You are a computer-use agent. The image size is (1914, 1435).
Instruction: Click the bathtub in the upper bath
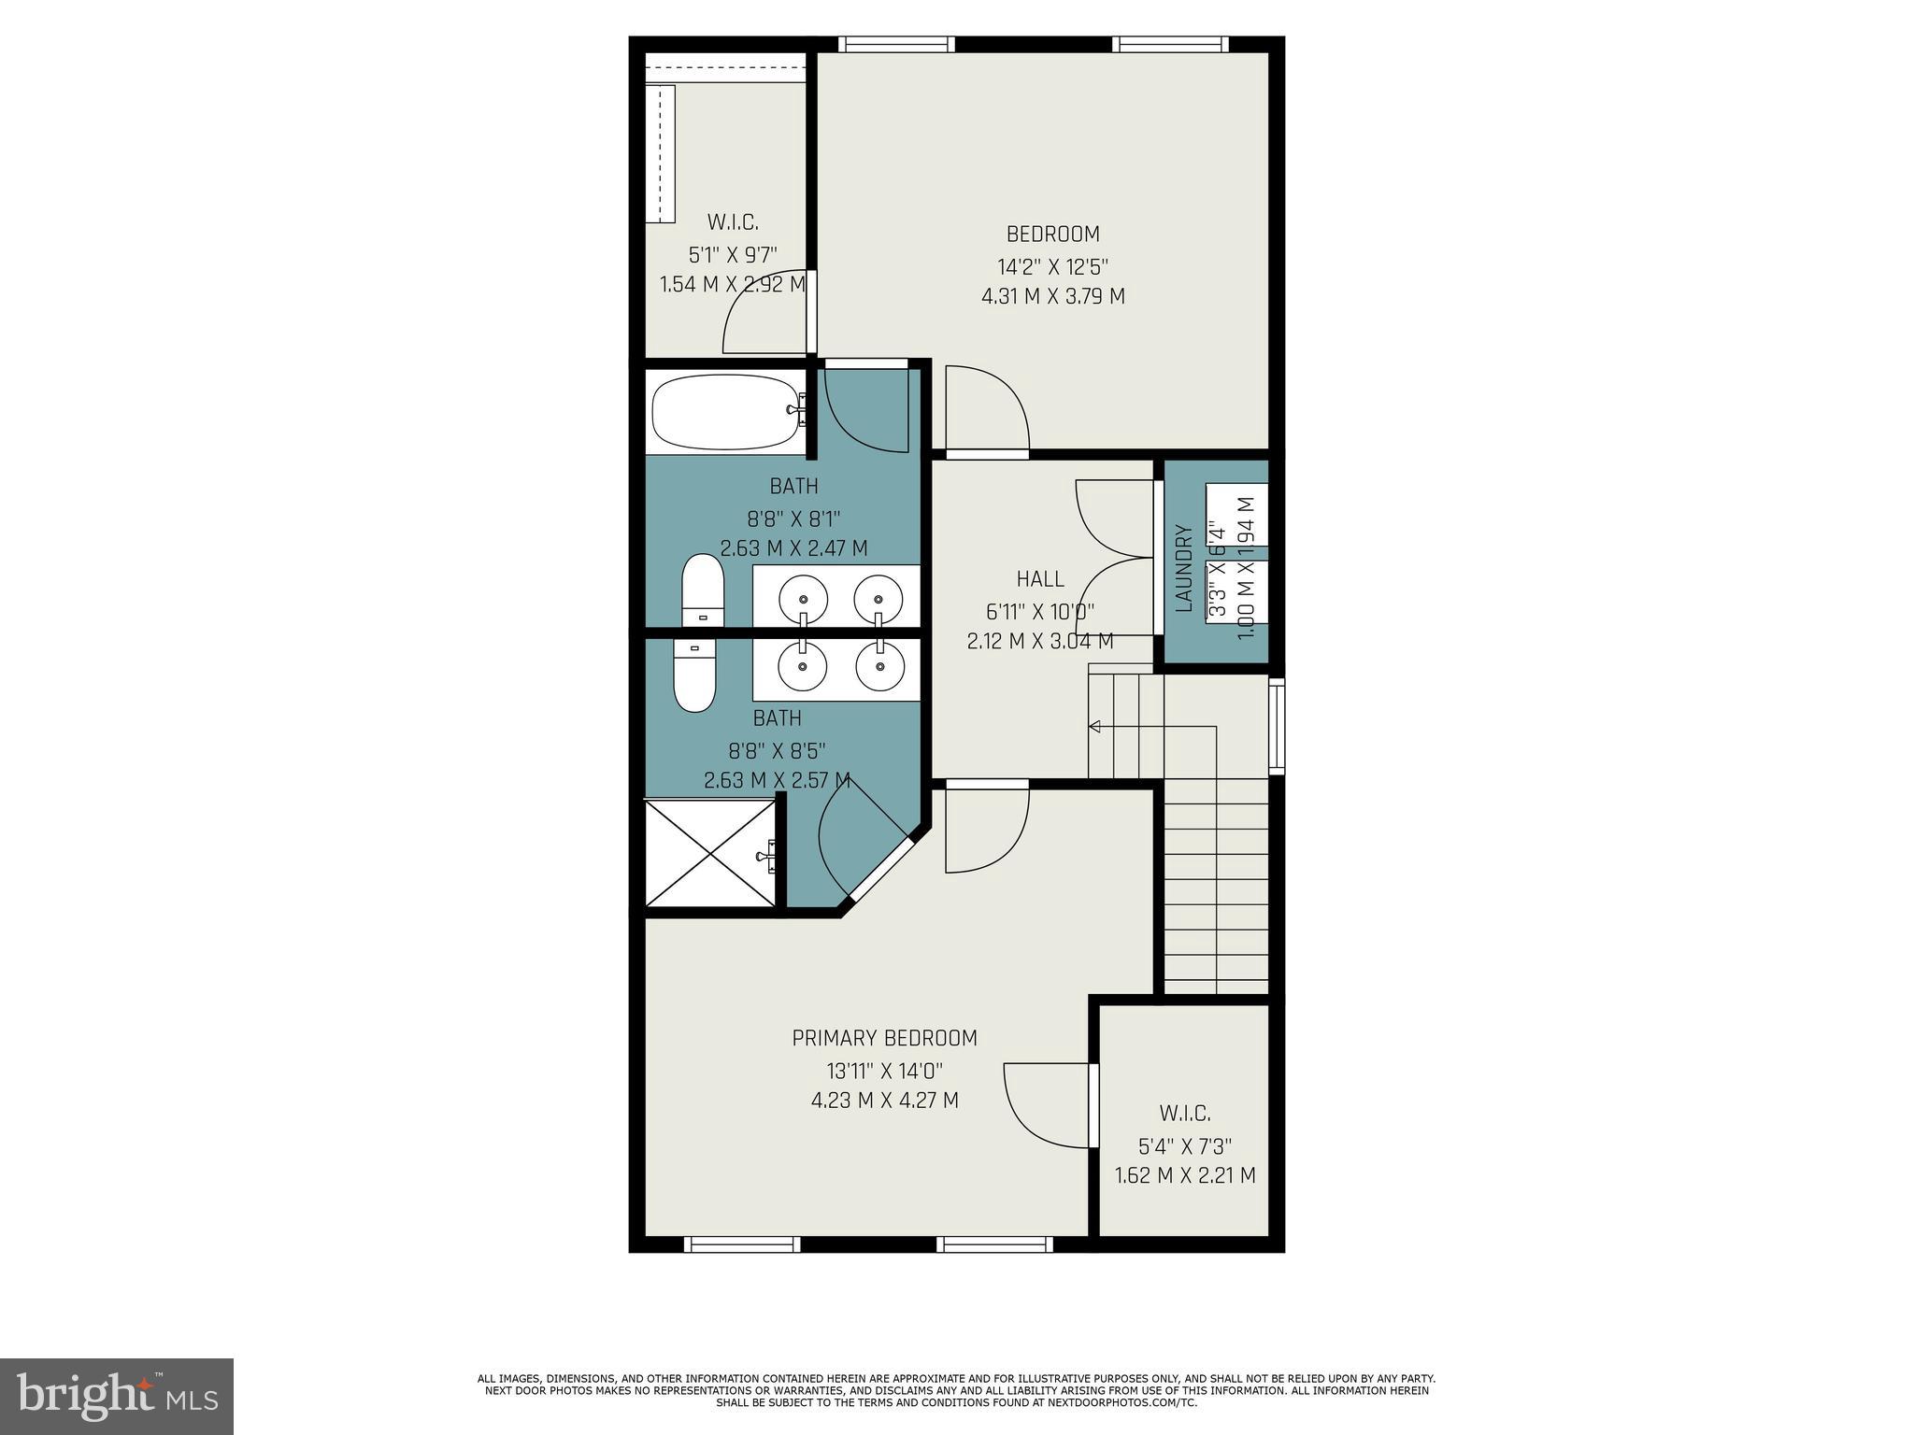(x=725, y=413)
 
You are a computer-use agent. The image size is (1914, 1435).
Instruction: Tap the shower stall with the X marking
(x=710, y=852)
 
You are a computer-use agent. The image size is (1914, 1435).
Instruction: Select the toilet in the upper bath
(x=703, y=590)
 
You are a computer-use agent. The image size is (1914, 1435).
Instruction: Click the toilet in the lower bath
(x=694, y=675)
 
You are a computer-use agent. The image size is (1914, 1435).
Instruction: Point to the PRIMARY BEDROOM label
(x=884, y=1038)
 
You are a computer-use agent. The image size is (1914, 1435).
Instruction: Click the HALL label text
(x=1039, y=579)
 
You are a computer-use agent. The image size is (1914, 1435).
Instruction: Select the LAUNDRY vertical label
(x=1184, y=568)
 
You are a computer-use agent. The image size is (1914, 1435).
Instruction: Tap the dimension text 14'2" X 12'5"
(x=1052, y=266)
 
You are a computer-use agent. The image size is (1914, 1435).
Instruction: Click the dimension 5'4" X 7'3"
(x=1184, y=1145)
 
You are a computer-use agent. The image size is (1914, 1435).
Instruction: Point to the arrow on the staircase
(x=1095, y=727)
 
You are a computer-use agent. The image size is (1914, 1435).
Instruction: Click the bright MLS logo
(x=117, y=1396)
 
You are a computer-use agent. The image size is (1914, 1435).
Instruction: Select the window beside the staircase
(x=1276, y=726)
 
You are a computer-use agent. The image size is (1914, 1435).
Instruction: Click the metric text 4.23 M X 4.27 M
(x=884, y=1101)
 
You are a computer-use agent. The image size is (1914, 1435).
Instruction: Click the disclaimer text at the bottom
(x=956, y=1390)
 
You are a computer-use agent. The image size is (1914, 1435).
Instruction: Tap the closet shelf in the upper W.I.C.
(x=660, y=154)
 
